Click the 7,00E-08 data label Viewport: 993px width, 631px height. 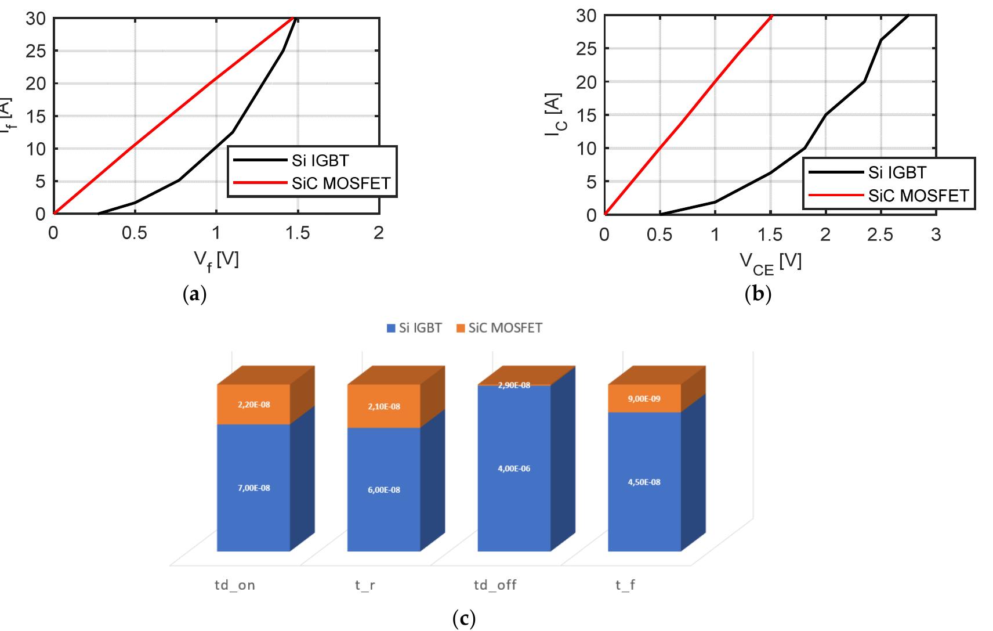click(253, 488)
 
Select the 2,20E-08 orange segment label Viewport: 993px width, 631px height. click(253, 404)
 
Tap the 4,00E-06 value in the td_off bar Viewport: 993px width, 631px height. click(514, 468)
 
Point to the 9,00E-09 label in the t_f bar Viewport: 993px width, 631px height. click(644, 399)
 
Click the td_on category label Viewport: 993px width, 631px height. click(235, 585)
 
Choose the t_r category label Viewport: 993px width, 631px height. click(365, 585)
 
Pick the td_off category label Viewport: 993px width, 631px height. click(495, 585)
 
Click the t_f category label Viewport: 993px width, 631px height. click(625, 585)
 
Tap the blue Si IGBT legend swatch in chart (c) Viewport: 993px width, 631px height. click(391, 329)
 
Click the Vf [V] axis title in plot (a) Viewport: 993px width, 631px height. click(216, 261)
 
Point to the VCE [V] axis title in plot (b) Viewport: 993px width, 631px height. click(770, 262)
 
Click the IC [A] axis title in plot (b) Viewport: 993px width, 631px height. click(553, 114)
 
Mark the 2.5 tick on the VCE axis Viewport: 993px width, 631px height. click(880, 235)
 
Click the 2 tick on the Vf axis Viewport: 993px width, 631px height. click(378, 233)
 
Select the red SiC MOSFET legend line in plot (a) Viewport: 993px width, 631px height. click(260, 183)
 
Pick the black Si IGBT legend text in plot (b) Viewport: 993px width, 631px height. click(897, 172)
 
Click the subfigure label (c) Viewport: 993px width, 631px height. click(463, 619)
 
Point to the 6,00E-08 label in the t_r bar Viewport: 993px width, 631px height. click(383, 489)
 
